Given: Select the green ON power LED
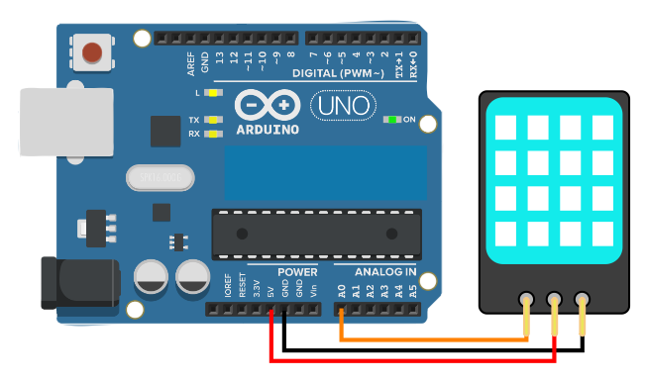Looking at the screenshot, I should coord(393,121).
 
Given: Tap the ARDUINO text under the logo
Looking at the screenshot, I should coord(268,129).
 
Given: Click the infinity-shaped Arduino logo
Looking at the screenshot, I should coord(268,105).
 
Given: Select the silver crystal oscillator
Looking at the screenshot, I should coord(160,177).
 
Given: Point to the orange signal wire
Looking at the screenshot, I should coord(436,339).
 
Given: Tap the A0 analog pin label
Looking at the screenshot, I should coord(342,291).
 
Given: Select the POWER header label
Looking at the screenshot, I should coord(297,272).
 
